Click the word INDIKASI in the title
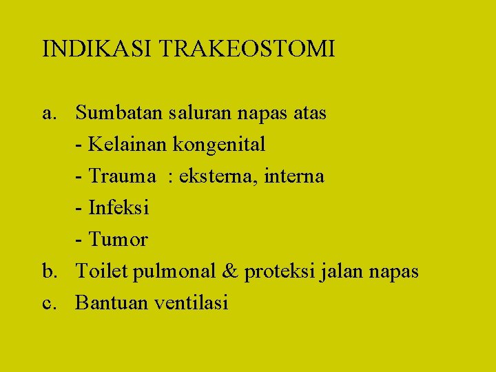pos(98,49)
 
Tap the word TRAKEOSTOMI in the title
pos(247,49)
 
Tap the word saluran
pos(191,112)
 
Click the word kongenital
pos(219,145)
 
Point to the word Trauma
pos(123,176)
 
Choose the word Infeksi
pos(118,207)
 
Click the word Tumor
pos(118,240)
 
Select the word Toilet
pos(101,271)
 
